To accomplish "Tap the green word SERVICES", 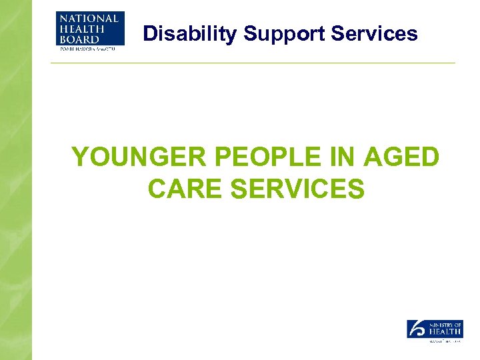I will point(297,189).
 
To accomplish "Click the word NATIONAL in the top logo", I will point(88,18).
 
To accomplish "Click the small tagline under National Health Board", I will point(87,47).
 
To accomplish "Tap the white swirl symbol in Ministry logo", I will point(417,328).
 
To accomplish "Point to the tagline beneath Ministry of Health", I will point(443,341).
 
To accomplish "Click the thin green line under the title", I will point(253,63).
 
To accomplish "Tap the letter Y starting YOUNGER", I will point(79,158).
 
